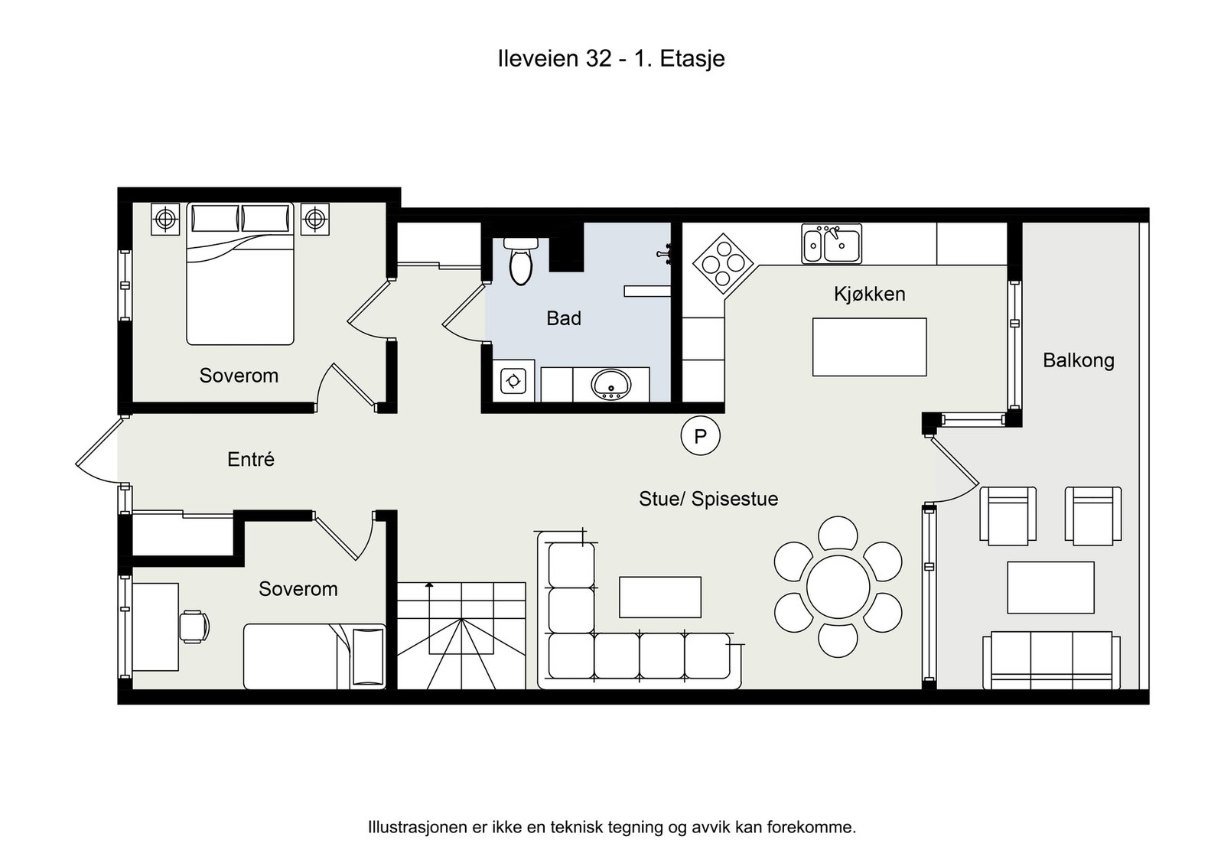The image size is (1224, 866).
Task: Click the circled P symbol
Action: click(700, 435)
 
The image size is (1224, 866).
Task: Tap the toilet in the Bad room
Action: click(521, 261)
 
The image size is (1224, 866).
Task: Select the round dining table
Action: click(838, 587)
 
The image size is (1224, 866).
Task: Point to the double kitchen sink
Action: click(831, 244)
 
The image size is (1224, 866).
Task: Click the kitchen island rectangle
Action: click(869, 347)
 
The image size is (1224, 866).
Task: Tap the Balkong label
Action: click(1078, 360)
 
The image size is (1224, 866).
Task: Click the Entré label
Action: click(251, 459)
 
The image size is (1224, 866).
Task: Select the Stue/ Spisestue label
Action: click(708, 499)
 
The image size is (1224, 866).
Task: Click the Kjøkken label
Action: click(869, 294)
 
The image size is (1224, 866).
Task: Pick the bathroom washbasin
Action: click(611, 384)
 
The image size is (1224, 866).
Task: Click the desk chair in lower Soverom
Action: click(194, 626)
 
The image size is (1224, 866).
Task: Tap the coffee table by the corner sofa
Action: click(660, 597)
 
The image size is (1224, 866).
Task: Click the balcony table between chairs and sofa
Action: click(1051, 588)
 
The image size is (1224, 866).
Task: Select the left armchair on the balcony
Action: click(1008, 516)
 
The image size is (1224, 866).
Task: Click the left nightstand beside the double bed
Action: click(164, 219)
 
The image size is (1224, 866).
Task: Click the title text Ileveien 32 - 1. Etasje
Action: click(611, 59)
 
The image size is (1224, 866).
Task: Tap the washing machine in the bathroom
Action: click(513, 381)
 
